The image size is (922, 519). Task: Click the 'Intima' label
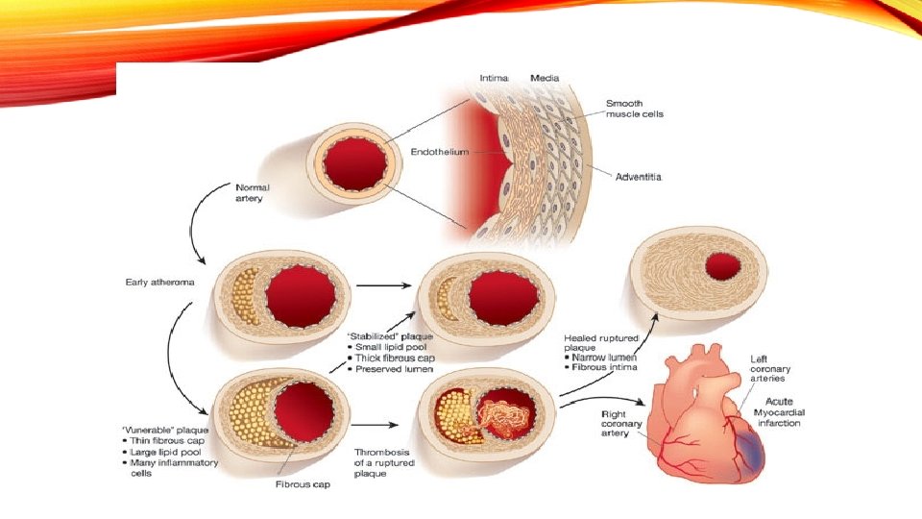click(x=495, y=77)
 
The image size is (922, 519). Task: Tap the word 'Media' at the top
click(x=546, y=77)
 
